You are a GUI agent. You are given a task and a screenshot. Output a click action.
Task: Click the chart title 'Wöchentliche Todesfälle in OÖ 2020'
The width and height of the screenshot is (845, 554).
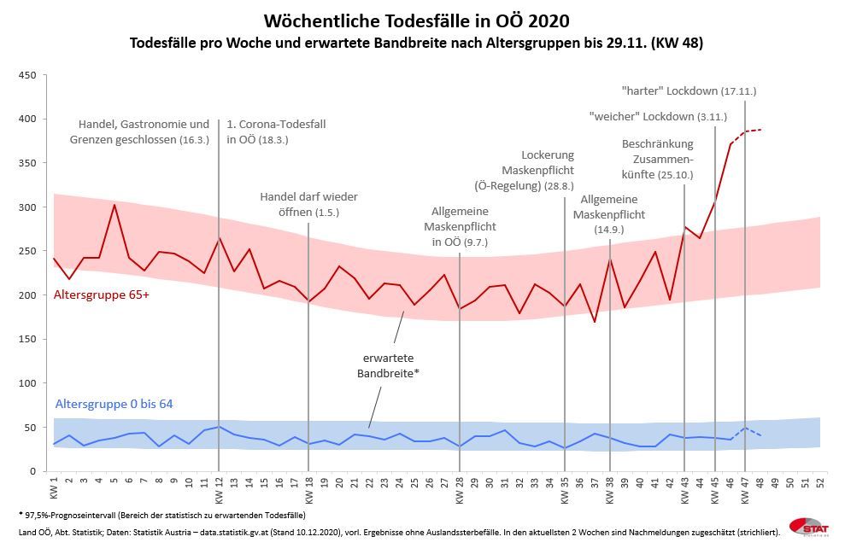[416, 20]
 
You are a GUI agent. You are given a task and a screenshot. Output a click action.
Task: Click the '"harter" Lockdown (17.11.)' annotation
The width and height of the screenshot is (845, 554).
[689, 90]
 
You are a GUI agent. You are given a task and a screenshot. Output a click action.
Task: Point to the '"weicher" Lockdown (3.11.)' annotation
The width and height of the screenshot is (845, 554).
[658, 116]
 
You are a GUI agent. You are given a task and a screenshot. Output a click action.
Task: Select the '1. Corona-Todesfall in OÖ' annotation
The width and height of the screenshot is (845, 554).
[276, 131]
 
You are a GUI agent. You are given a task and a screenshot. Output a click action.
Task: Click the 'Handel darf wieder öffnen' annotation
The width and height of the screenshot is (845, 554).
[308, 204]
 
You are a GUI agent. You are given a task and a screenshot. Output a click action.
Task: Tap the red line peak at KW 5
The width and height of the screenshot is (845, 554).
[114, 205]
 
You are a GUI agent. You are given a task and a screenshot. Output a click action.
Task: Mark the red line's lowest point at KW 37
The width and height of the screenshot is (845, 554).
[595, 322]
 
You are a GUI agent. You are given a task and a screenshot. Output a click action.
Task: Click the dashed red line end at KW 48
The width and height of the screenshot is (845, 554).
[760, 130]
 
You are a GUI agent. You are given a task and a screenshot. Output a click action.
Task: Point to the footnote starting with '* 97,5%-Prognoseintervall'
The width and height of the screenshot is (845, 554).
[161, 515]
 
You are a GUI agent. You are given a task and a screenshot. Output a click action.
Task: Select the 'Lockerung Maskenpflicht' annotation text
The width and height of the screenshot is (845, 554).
[535, 170]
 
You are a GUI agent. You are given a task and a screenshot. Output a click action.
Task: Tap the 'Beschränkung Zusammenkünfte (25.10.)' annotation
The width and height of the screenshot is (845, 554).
[657, 159]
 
